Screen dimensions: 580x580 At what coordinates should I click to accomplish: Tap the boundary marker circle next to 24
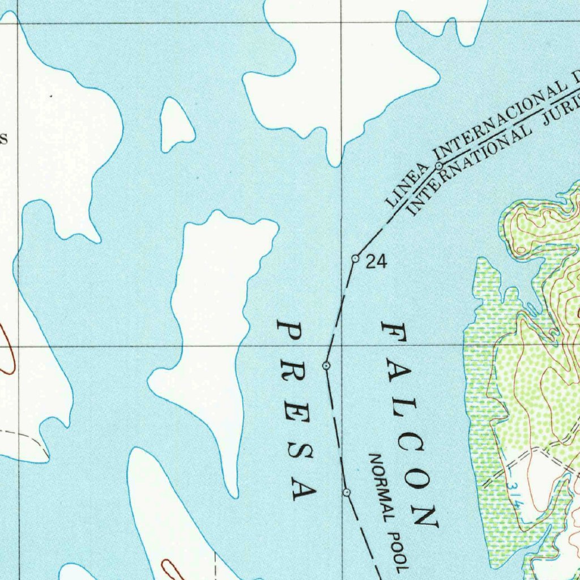[355, 258]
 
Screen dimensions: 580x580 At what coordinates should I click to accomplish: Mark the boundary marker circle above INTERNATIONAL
[439, 165]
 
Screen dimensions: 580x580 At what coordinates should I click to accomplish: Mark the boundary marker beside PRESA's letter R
[326, 366]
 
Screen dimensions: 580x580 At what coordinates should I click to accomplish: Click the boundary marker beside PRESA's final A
[347, 493]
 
